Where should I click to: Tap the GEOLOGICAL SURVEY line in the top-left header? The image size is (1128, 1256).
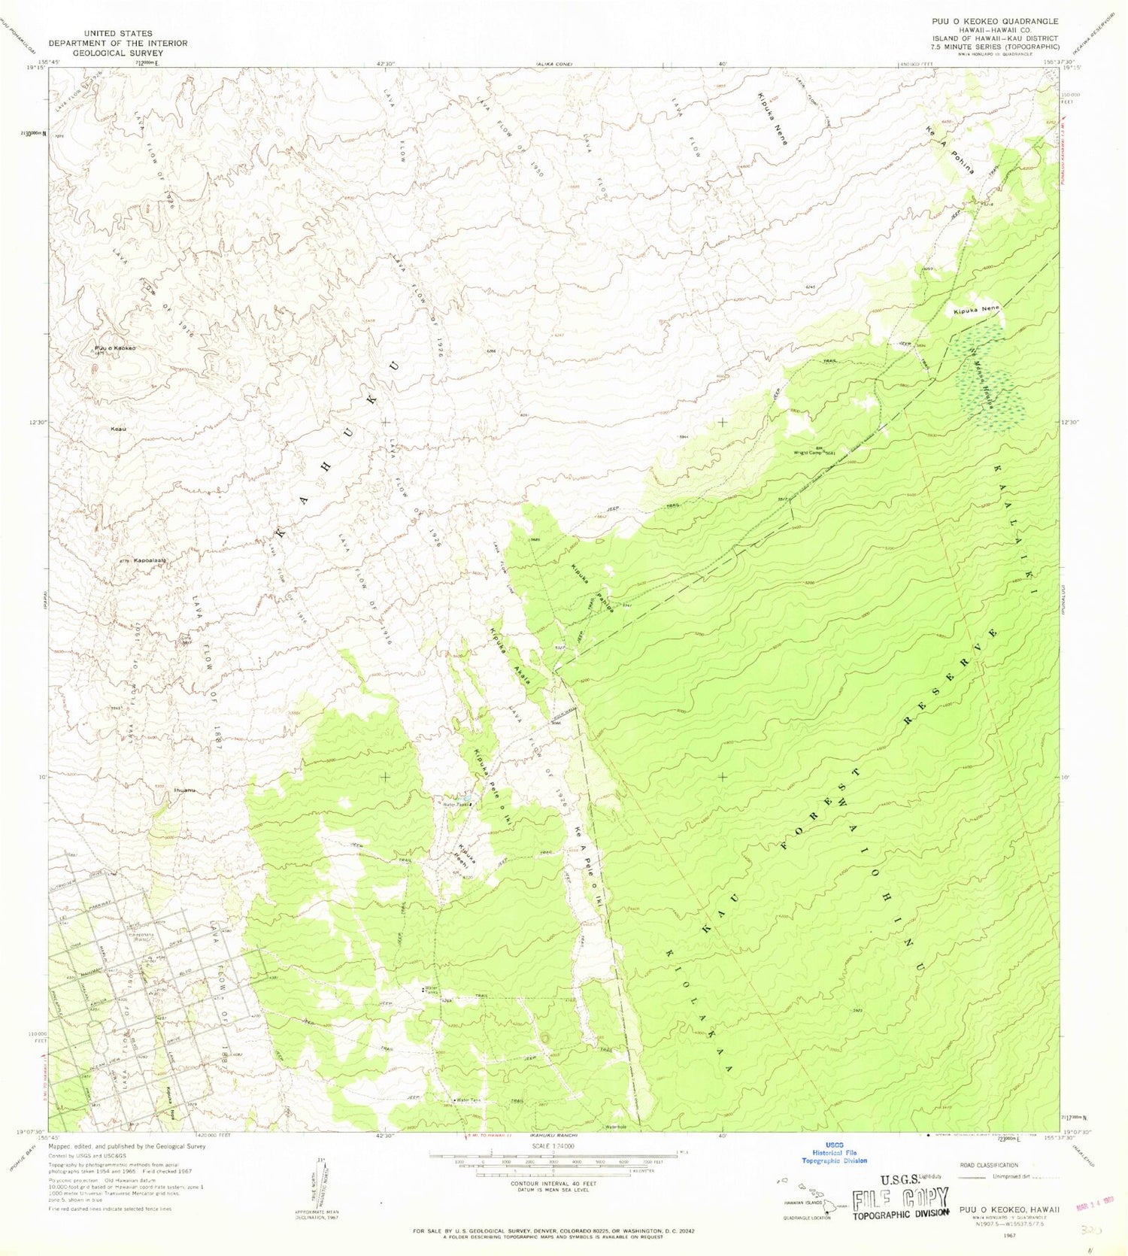point(118,53)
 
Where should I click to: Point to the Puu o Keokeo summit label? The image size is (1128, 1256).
point(115,348)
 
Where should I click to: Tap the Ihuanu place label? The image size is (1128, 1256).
point(184,790)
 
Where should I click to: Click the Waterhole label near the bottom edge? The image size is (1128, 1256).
point(615,1127)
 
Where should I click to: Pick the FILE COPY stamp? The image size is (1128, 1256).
point(901,1199)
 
